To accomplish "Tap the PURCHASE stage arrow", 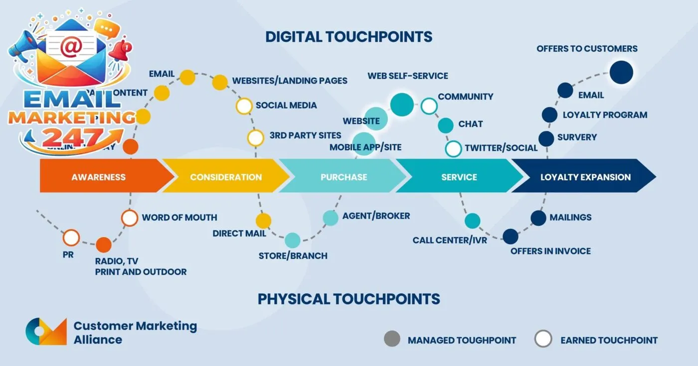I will (344, 177).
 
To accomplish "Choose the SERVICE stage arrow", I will (459, 177).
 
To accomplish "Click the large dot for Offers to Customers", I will (621, 73).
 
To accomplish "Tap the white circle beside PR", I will (71, 238).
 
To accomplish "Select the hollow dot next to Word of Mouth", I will (130, 218).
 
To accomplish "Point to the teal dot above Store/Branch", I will (293, 241).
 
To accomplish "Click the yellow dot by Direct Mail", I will (263, 221).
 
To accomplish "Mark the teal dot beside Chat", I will (446, 125).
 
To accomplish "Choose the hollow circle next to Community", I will (429, 106).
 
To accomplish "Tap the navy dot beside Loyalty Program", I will (549, 115).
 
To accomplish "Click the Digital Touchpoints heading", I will (349, 37).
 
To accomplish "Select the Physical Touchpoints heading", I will (349, 299).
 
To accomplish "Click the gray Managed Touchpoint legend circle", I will (392, 339).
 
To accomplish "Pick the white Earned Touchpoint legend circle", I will (543, 339).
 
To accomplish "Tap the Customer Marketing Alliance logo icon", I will (46, 332).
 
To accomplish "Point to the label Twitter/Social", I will (501, 148).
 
